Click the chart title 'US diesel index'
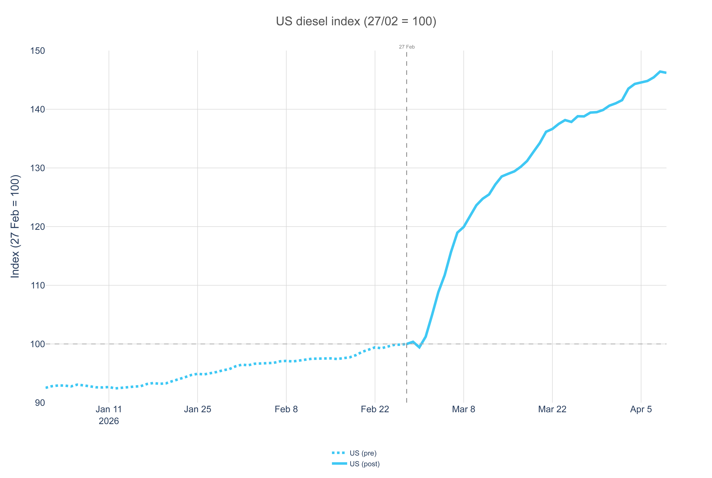356,21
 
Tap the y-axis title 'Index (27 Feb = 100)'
15,226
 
